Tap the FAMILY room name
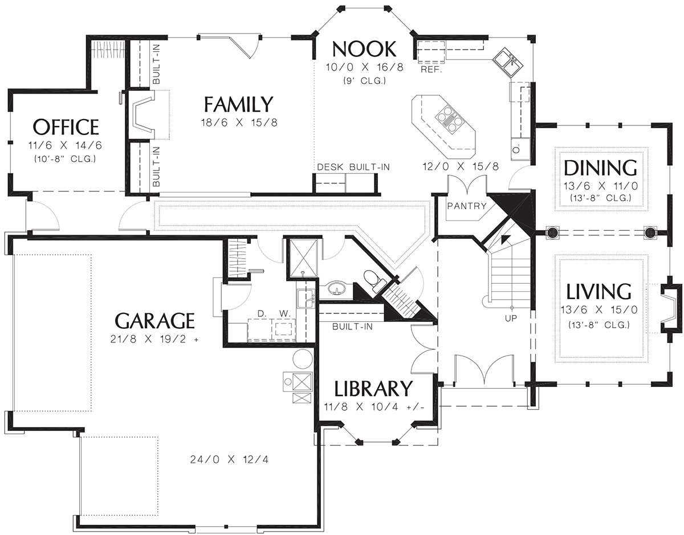[238, 104]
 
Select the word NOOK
[364, 49]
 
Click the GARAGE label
[154, 321]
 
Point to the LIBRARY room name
[373, 389]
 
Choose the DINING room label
[600, 168]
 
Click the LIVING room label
[598, 292]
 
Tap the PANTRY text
[467, 206]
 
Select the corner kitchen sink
[508, 63]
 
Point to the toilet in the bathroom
[373, 280]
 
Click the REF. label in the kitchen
[431, 70]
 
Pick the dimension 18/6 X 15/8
[239, 122]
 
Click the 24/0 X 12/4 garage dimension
[230, 460]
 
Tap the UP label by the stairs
[511, 318]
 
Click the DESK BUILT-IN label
[353, 167]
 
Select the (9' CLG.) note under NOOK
[364, 81]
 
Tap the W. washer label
[284, 313]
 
